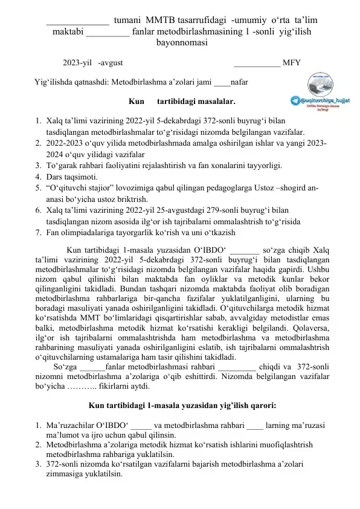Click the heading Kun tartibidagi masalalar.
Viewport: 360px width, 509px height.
[182, 100]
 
